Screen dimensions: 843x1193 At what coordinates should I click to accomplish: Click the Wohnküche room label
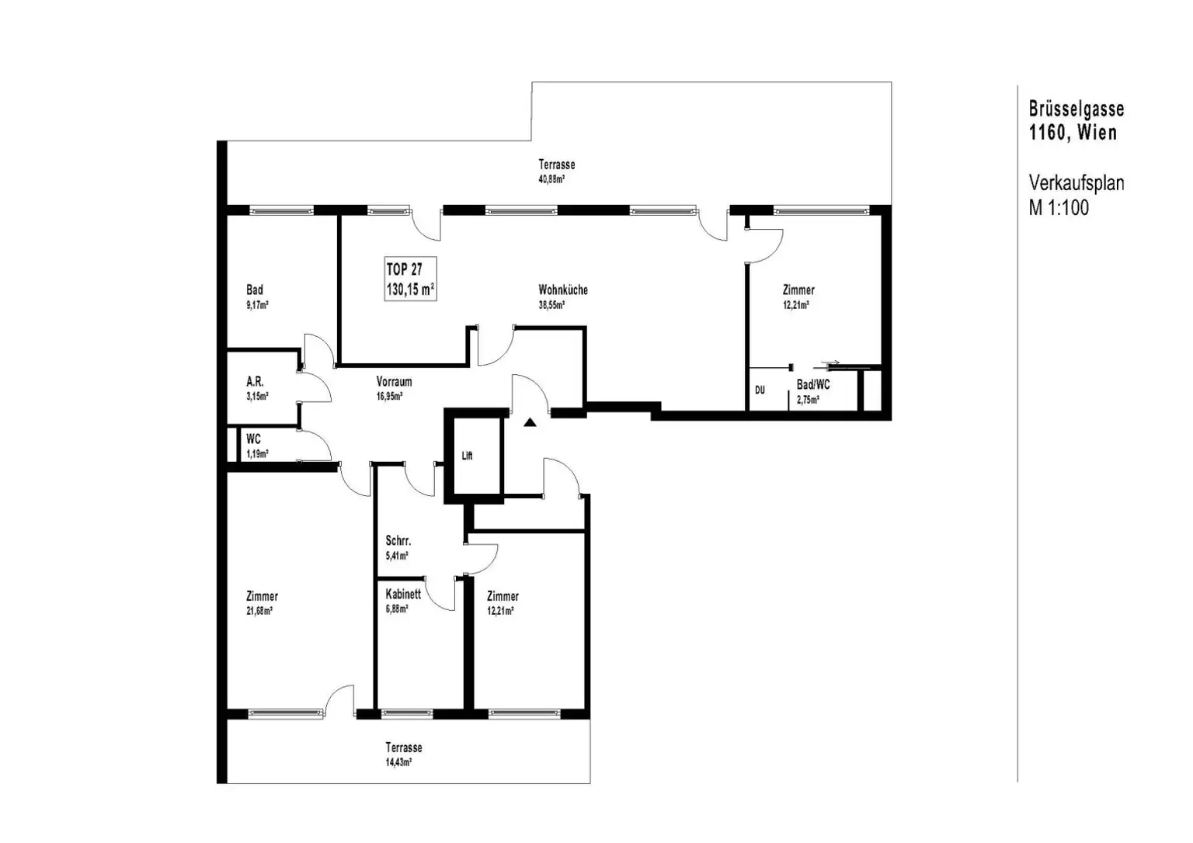pyautogui.click(x=562, y=290)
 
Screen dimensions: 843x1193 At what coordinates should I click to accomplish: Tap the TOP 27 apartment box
pyautogui.click(x=409, y=279)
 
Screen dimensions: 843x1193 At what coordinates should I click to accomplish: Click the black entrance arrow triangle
pyautogui.click(x=530, y=423)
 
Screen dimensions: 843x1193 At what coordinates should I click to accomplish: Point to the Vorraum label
pyautogui.click(x=394, y=382)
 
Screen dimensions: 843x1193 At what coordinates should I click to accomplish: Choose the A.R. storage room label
pyautogui.click(x=255, y=382)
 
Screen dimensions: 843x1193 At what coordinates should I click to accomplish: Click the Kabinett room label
pyautogui.click(x=403, y=594)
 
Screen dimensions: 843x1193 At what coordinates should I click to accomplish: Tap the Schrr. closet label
pyautogui.click(x=398, y=541)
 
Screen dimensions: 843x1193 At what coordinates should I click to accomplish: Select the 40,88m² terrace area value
pyautogui.click(x=551, y=179)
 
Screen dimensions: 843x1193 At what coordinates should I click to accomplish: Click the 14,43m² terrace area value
pyautogui.click(x=398, y=762)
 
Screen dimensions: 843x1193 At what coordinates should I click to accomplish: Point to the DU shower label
pyautogui.click(x=760, y=390)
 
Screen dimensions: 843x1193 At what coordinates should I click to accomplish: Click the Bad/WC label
pyautogui.click(x=813, y=385)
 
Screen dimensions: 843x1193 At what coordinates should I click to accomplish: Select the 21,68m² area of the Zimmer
pyautogui.click(x=259, y=611)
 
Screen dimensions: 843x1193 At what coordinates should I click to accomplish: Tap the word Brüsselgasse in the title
pyautogui.click(x=1076, y=109)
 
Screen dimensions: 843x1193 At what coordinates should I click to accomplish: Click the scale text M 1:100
pyautogui.click(x=1059, y=207)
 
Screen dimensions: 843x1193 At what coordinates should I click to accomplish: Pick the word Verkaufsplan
pyautogui.click(x=1076, y=183)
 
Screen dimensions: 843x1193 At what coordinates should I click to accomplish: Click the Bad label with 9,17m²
pyautogui.click(x=255, y=290)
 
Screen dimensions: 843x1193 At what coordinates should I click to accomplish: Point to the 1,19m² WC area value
pyautogui.click(x=256, y=454)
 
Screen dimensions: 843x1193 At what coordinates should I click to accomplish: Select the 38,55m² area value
pyautogui.click(x=551, y=305)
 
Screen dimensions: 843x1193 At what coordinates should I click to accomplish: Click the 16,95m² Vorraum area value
pyautogui.click(x=389, y=396)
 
